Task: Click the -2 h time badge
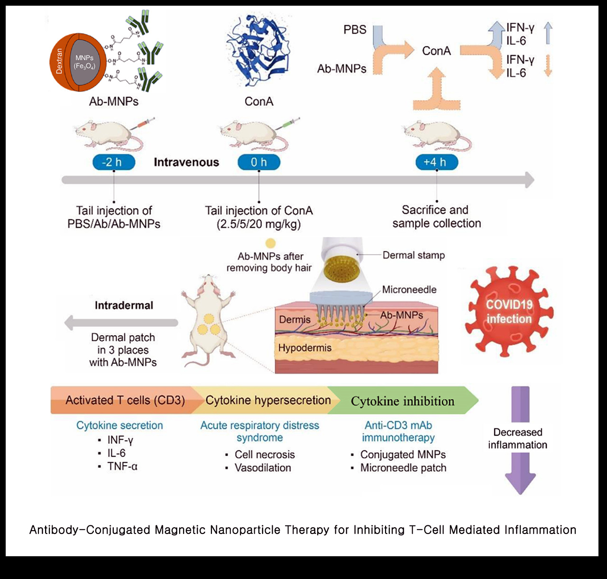point(114,162)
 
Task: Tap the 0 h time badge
point(259,162)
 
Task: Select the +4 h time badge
point(437,162)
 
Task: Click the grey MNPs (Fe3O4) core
point(84,62)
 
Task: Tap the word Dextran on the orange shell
point(59,61)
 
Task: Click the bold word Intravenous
point(186,162)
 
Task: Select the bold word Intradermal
point(124,305)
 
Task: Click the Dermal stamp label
point(414,256)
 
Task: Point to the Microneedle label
point(409,290)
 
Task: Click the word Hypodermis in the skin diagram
point(305,348)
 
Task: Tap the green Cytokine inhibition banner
point(403,401)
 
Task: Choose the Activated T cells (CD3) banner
point(125,400)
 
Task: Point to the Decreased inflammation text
point(518,439)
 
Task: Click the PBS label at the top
point(355,30)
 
